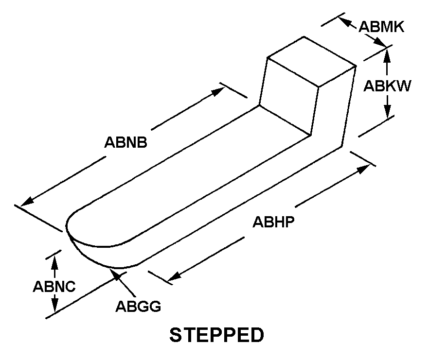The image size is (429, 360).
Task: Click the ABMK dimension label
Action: click(x=381, y=27)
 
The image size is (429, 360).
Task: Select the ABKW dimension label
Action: click(x=387, y=86)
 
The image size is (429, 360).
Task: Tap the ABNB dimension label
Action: click(x=125, y=142)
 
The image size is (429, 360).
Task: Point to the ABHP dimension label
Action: click(x=273, y=222)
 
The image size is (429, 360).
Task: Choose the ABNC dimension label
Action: click(x=54, y=287)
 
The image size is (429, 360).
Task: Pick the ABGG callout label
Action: click(x=138, y=306)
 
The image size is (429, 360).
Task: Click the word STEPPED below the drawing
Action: click(x=217, y=335)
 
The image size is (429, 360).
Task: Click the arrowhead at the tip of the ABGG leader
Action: click(x=115, y=274)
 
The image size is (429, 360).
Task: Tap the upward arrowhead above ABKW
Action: click(x=387, y=55)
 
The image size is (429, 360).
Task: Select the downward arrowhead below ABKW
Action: click(x=387, y=111)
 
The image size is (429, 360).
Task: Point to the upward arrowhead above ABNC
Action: click(x=54, y=263)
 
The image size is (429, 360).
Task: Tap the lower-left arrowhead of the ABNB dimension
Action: click(x=27, y=202)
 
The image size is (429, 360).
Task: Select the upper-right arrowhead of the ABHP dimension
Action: click(x=364, y=169)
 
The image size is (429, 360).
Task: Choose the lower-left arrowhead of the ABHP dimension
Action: click(x=174, y=276)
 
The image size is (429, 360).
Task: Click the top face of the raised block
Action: click(x=312, y=62)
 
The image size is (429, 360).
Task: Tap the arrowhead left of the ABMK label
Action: click(x=345, y=22)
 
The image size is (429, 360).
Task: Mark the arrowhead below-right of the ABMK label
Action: click(x=380, y=42)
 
